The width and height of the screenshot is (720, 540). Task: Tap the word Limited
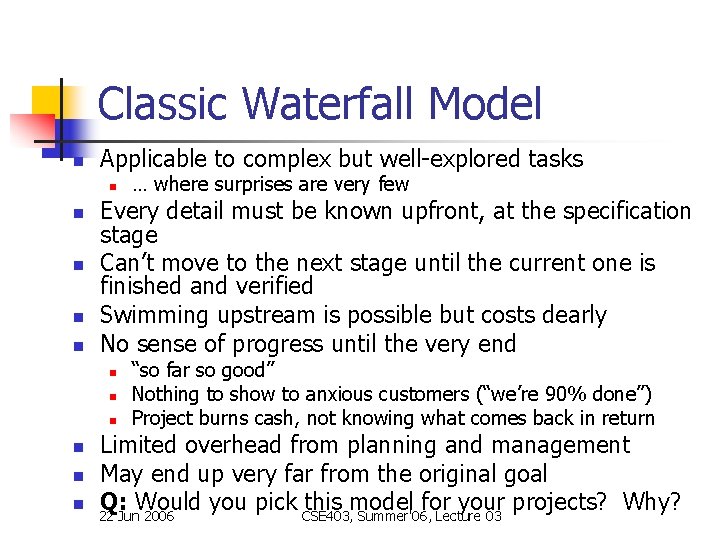pos(138,445)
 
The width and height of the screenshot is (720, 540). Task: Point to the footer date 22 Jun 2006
pos(137,516)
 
